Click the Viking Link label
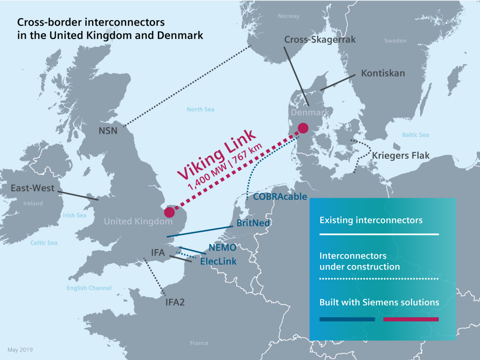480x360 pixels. (x=216, y=153)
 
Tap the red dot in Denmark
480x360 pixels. (x=303, y=127)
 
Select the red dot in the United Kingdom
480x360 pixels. (x=169, y=212)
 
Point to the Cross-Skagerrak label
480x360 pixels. (x=320, y=40)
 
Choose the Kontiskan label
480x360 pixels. (x=383, y=74)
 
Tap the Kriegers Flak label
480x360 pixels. (x=401, y=156)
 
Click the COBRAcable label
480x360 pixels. (x=280, y=197)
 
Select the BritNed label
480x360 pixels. (x=253, y=223)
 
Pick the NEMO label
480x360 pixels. (x=222, y=247)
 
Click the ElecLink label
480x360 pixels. (x=218, y=262)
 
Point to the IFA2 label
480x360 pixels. (x=175, y=302)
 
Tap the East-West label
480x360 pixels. (x=33, y=188)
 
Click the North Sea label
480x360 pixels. (x=200, y=110)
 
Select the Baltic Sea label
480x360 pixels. (x=415, y=135)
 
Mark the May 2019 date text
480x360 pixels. (x=20, y=350)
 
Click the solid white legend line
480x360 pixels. (x=379, y=234)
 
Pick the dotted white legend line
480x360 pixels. (x=379, y=279)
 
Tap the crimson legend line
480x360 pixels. (x=411, y=319)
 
